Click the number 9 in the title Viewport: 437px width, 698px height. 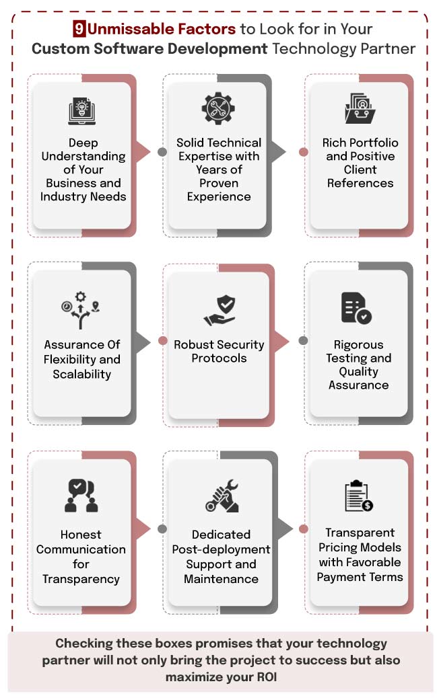(x=79, y=29)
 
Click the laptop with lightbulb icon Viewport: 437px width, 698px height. (x=82, y=111)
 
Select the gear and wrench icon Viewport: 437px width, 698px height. (x=218, y=108)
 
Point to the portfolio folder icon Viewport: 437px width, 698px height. (x=360, y=108)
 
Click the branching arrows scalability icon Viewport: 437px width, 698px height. (x=81, y=310)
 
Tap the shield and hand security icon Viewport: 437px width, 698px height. (x=220, y=310)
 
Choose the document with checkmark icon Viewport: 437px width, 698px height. (x=356, y=307)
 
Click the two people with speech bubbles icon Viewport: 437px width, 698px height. (x=81, y=496)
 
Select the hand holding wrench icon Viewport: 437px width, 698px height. (x=222, y=496)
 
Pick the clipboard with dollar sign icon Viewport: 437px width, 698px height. (x=359, y=496)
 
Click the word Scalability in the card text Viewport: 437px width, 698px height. (x=82, y=374)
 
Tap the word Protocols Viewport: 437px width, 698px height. (x=219, y=358)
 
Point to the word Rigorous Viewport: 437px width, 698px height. (x=358, y=344)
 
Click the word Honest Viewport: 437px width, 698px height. (x=81, y=534)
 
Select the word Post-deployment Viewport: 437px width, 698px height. (x=221, y=549)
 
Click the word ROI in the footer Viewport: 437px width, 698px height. (x=267, y=677)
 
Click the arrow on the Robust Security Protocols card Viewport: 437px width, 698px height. (x=281, y=342)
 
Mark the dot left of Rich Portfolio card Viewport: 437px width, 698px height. (x=304, y=152)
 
